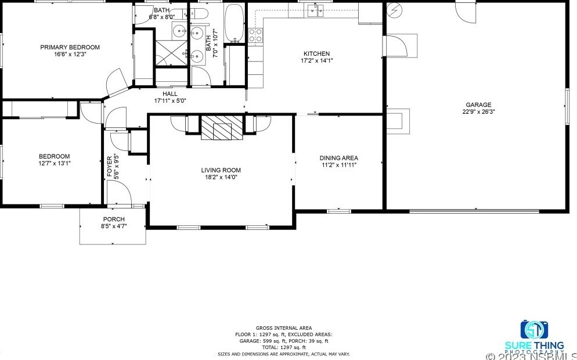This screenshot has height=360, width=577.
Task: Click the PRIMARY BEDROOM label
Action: point(70,47)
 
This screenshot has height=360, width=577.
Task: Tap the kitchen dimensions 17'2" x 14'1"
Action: point(316,60)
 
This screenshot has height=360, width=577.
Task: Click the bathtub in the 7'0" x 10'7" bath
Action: point(235,23)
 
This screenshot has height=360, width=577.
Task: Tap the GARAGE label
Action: point(477,105)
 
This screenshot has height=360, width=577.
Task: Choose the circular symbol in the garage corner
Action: point(395,10)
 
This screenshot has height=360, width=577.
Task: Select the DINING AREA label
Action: point(338,158)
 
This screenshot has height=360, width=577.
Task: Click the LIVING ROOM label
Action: point(221,170)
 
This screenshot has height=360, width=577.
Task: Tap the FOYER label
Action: point(109,165)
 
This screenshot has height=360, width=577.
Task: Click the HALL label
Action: point(170,93)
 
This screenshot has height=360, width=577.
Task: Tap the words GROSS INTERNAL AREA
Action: point(283,328)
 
